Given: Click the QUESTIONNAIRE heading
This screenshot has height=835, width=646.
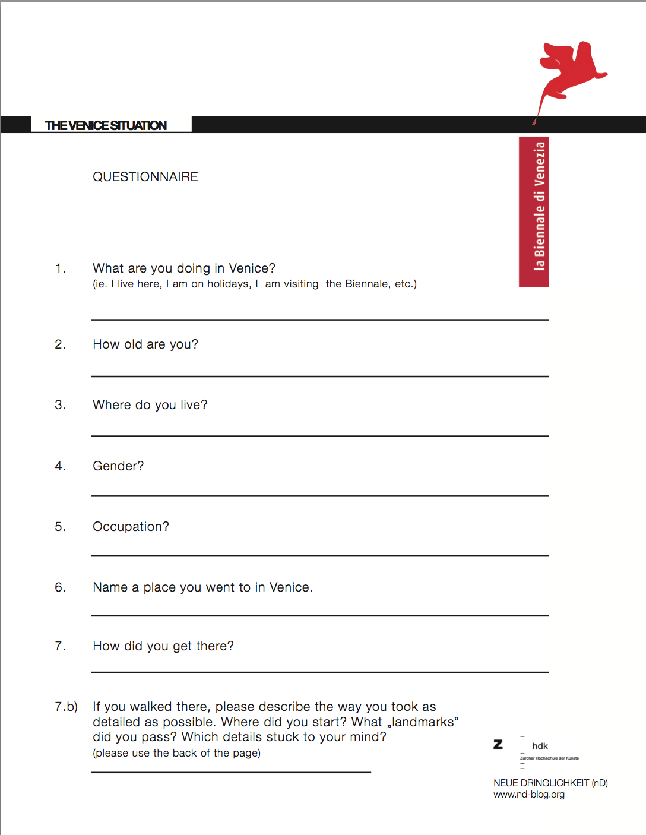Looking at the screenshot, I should [x=145, y=177].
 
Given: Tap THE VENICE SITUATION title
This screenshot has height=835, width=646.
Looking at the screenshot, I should [x=106, y=125].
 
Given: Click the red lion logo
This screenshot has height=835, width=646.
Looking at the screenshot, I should [x=571, y=71].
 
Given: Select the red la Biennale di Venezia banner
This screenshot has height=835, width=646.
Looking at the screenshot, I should [x=534, y=212].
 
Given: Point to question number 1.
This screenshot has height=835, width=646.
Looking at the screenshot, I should [x=60, y=268].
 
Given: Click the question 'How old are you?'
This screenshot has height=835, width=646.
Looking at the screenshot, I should [x=145, y=344].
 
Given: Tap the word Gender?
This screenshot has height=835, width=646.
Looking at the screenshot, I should [x=118, y=466].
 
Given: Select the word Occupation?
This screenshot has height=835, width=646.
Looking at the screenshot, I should [x=131, y=527].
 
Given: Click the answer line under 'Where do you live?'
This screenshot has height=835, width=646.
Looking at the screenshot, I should [x=319, y=436].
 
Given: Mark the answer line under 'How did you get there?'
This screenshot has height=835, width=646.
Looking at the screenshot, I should [x=319, y=672].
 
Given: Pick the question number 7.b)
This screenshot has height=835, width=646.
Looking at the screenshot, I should [x=66, y=707].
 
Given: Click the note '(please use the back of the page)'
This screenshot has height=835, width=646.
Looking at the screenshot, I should [x=176, y=753].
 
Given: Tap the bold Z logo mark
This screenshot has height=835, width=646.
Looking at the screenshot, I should [x=498, y=744].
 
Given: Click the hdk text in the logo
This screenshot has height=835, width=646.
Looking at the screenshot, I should [x=540, y=746].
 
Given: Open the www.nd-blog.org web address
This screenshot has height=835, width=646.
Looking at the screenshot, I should [x=529, y=795].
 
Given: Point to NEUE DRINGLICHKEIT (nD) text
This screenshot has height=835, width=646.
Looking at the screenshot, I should [x=550, y=783].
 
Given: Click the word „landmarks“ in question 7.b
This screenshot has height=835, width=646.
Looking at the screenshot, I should [x=423, y=722].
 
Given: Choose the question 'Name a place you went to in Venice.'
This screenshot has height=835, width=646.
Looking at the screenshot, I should [x=202, y=587].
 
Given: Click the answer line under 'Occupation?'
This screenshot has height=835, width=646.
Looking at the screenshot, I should [x=319, y=556].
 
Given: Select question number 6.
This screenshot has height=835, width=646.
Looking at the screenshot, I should [x=60, y=587].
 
